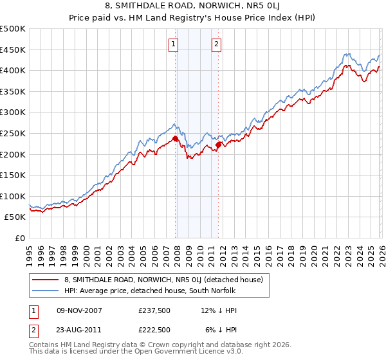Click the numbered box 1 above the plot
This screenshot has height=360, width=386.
pos(174,44)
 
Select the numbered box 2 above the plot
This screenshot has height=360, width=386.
pos(216,44)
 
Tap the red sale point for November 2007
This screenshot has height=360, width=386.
pos(175,138)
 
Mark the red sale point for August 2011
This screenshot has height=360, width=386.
pos(218,145)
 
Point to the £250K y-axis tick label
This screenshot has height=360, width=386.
pos(12,133)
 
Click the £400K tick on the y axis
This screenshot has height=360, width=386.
pos(12,70)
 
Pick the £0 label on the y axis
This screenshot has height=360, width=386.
pos(19,238)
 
